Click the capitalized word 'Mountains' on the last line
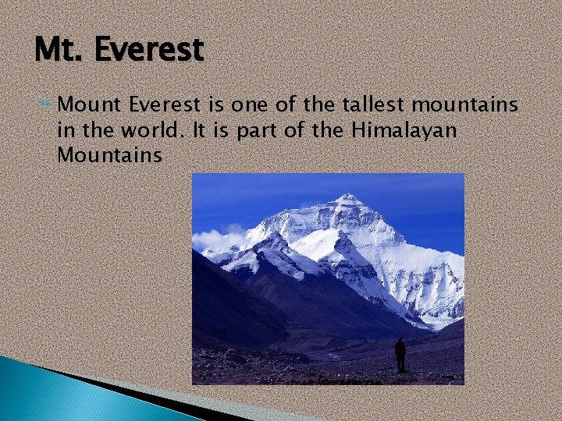[x=109, y=155]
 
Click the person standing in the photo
[x=400, y=355]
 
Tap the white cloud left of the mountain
[x=215, y=238]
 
